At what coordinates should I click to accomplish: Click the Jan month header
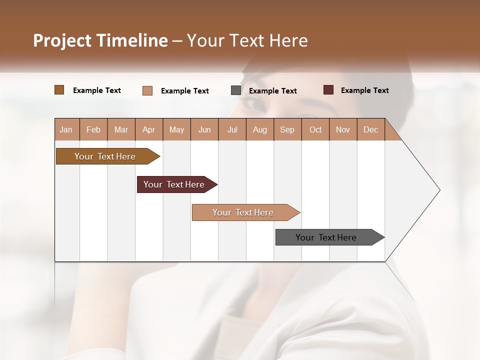point(66,129)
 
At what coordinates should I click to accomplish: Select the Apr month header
point(149,129)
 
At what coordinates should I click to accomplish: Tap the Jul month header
point(232,129)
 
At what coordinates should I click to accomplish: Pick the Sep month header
point(287,129)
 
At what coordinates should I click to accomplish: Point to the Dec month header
point(370,129)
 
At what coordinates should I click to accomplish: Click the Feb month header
point(93,129)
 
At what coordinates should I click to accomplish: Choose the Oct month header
point(315,129)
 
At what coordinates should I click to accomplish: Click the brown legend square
point(59,90)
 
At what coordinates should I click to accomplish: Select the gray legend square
point(236,90)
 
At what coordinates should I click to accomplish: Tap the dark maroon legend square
point(328,90)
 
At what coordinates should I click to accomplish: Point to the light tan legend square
point(147,90)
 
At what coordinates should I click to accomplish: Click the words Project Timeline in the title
point(100,40)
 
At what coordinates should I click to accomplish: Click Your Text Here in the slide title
point(247,40)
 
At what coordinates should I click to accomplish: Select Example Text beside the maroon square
point(364,90)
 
